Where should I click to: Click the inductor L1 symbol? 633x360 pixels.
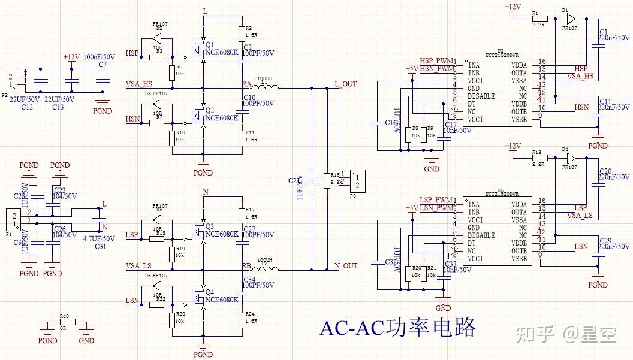click(x=266, y=88)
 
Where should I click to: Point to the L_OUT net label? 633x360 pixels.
click(x=345, y=84)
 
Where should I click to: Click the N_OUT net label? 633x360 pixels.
click(x=345, y=265)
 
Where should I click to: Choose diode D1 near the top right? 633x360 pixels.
click(x=570, y=18)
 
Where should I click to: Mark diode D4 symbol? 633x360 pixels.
click(x=570, y=159)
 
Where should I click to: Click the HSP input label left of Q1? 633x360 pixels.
click(x=132, y=53)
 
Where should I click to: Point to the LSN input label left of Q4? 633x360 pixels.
click(x=132, y=300)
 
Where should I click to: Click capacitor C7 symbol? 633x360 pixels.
click(x=103, y=79)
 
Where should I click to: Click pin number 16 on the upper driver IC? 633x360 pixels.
click(x=542, y=62)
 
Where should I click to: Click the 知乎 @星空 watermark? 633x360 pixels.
click(x=566, y=334)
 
